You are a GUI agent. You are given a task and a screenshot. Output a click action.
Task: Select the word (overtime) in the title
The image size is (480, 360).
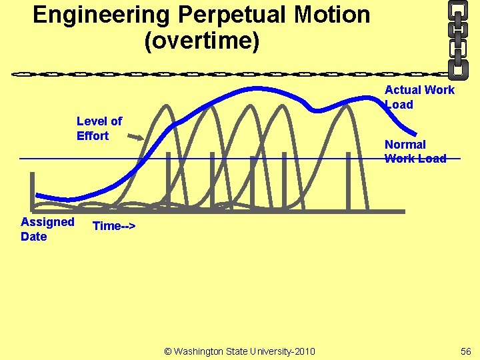tap(201, 41)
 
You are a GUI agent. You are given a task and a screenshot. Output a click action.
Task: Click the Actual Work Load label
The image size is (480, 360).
tap(419, 97)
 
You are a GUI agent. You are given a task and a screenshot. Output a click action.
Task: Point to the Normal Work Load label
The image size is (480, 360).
tap(415, 151)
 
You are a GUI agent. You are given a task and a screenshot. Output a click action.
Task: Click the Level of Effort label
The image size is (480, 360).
tap(99, 129)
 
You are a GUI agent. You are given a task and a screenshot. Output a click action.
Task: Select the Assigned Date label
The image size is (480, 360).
tap(47, 229)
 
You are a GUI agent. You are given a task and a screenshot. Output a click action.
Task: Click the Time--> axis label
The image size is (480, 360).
tap(114, 226)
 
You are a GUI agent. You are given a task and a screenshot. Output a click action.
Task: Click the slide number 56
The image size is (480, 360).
tap(465, 351)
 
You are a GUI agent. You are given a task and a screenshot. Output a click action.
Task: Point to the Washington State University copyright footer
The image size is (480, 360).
tap(240, 351)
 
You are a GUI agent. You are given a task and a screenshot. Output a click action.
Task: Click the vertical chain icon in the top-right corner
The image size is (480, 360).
tap(457, 37)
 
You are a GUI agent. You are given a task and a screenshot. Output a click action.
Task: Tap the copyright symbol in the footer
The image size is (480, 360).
tap(167, 351)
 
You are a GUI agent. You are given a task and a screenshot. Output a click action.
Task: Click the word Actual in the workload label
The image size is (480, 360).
tap(403, 90)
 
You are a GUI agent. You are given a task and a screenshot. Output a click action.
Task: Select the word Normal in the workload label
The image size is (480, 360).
tap(405, 145)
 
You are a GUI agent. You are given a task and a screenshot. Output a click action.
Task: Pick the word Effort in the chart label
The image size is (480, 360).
tap(93, 136)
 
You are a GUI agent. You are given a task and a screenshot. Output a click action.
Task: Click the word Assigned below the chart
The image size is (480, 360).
tap(47, 222)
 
